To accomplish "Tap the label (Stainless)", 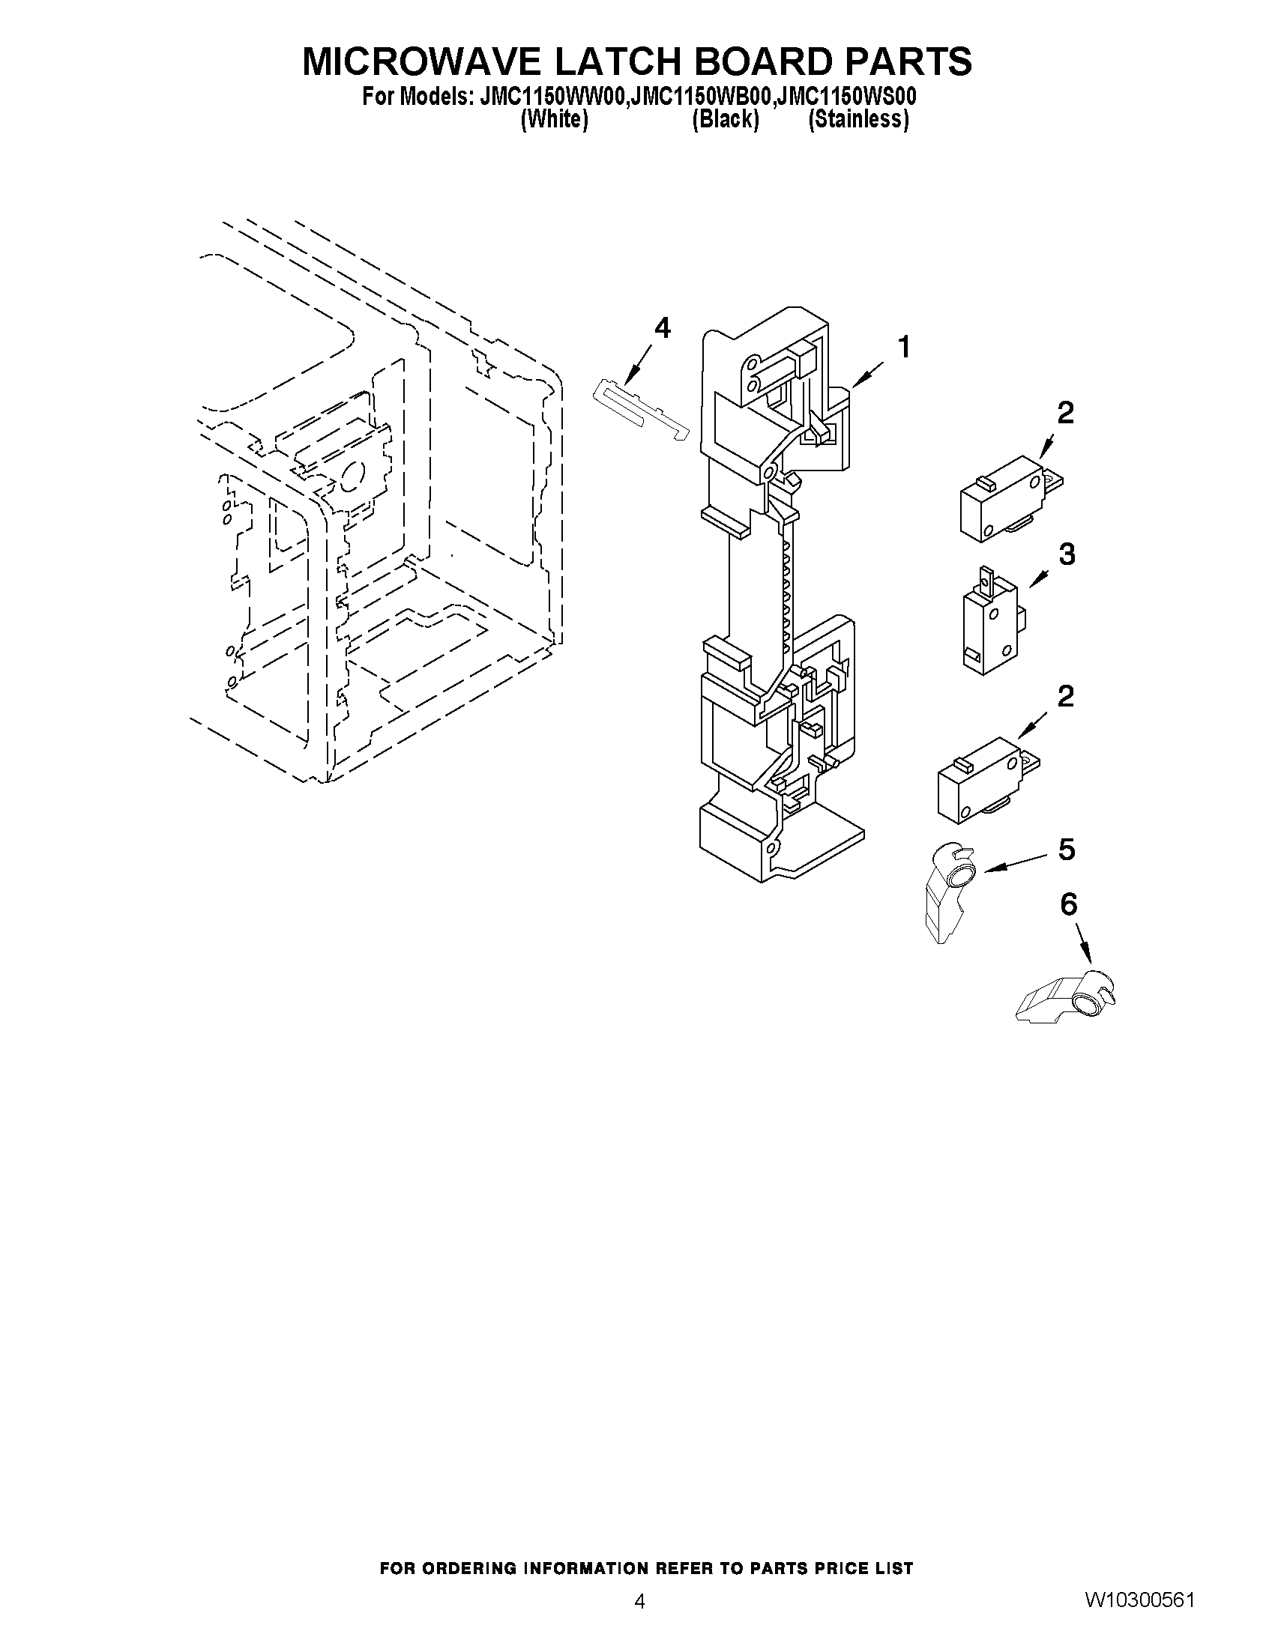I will (858, 119).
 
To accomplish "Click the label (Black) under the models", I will (725, 119).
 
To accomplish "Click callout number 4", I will (661, 327).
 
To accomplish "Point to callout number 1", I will (903, 348).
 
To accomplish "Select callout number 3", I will (1066, 554).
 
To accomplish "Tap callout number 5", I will (1066, 850).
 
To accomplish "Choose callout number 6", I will (1068, 904).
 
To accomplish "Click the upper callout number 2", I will (1065, 413).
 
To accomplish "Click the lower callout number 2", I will (1065, 696).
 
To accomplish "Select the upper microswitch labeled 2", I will (1008, 499).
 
